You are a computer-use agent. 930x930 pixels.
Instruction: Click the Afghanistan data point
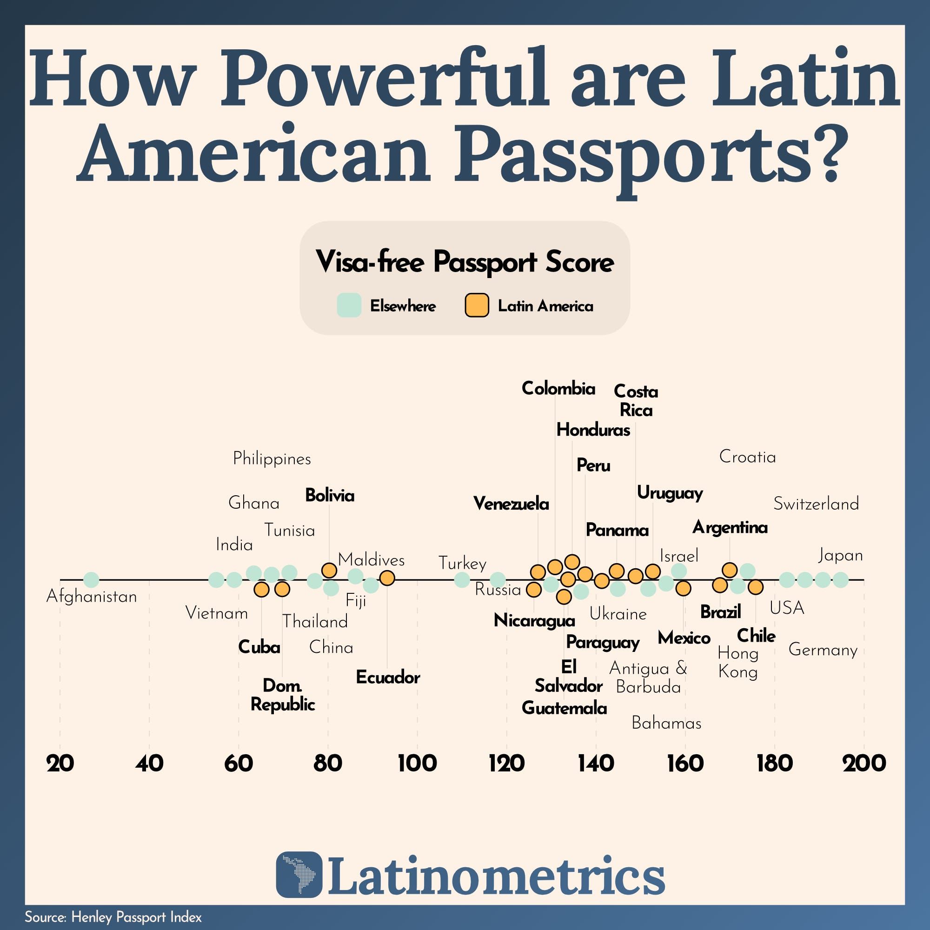pos(91,579)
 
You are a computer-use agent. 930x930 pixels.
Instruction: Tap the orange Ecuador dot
pos(387,578)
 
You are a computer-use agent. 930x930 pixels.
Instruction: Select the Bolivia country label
pos(330,495)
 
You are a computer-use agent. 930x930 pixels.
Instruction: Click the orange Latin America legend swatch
pos(477,305)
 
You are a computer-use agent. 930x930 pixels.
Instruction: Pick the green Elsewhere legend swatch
pos(348,305)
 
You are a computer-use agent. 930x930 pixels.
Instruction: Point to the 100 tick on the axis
pos(417,764)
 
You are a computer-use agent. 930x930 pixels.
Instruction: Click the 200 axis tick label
pos(864,764)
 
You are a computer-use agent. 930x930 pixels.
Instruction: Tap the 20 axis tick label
pos(60,764)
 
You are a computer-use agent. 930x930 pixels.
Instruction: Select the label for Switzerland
pos(816,504)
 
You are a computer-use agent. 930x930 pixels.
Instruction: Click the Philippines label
pos(272,459)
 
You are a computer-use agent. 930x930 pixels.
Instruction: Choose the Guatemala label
pos(564,708)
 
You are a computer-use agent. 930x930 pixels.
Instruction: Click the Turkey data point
pos(462,579)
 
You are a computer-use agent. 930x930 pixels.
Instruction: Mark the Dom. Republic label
pos(283,695)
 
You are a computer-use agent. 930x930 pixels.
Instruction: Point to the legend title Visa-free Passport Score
pos(465,262)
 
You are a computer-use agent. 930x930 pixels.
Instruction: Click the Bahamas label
pos(666,723)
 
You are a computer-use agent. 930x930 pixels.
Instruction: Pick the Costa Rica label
pos(636,400)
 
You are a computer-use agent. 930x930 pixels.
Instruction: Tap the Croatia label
pos(747,457)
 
